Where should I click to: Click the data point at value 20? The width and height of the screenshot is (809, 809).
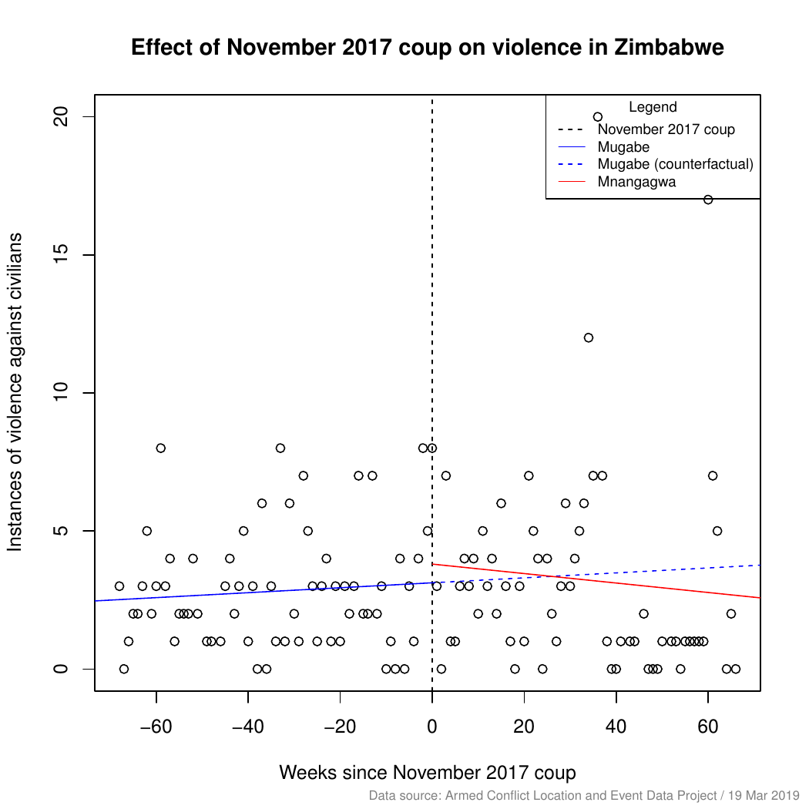click(x=598, y=117)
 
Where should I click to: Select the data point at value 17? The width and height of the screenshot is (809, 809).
click(x=708, y=200)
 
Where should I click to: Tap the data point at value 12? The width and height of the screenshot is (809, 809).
click(x=589, y=337)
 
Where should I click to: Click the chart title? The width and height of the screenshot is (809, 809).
click(x=428, y=48)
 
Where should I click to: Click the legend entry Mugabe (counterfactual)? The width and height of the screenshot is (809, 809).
click(x=674, y=164)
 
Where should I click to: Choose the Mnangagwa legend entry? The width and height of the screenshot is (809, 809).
click(x=636, y=182)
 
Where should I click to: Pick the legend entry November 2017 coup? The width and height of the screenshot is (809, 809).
click(x=666, y=129)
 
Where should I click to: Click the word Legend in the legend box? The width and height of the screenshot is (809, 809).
click(x=653, y=108)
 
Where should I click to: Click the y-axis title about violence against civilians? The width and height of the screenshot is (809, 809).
click(x=15, y=393)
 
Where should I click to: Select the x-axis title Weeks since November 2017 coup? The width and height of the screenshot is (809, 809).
click(x=428, y=772)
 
